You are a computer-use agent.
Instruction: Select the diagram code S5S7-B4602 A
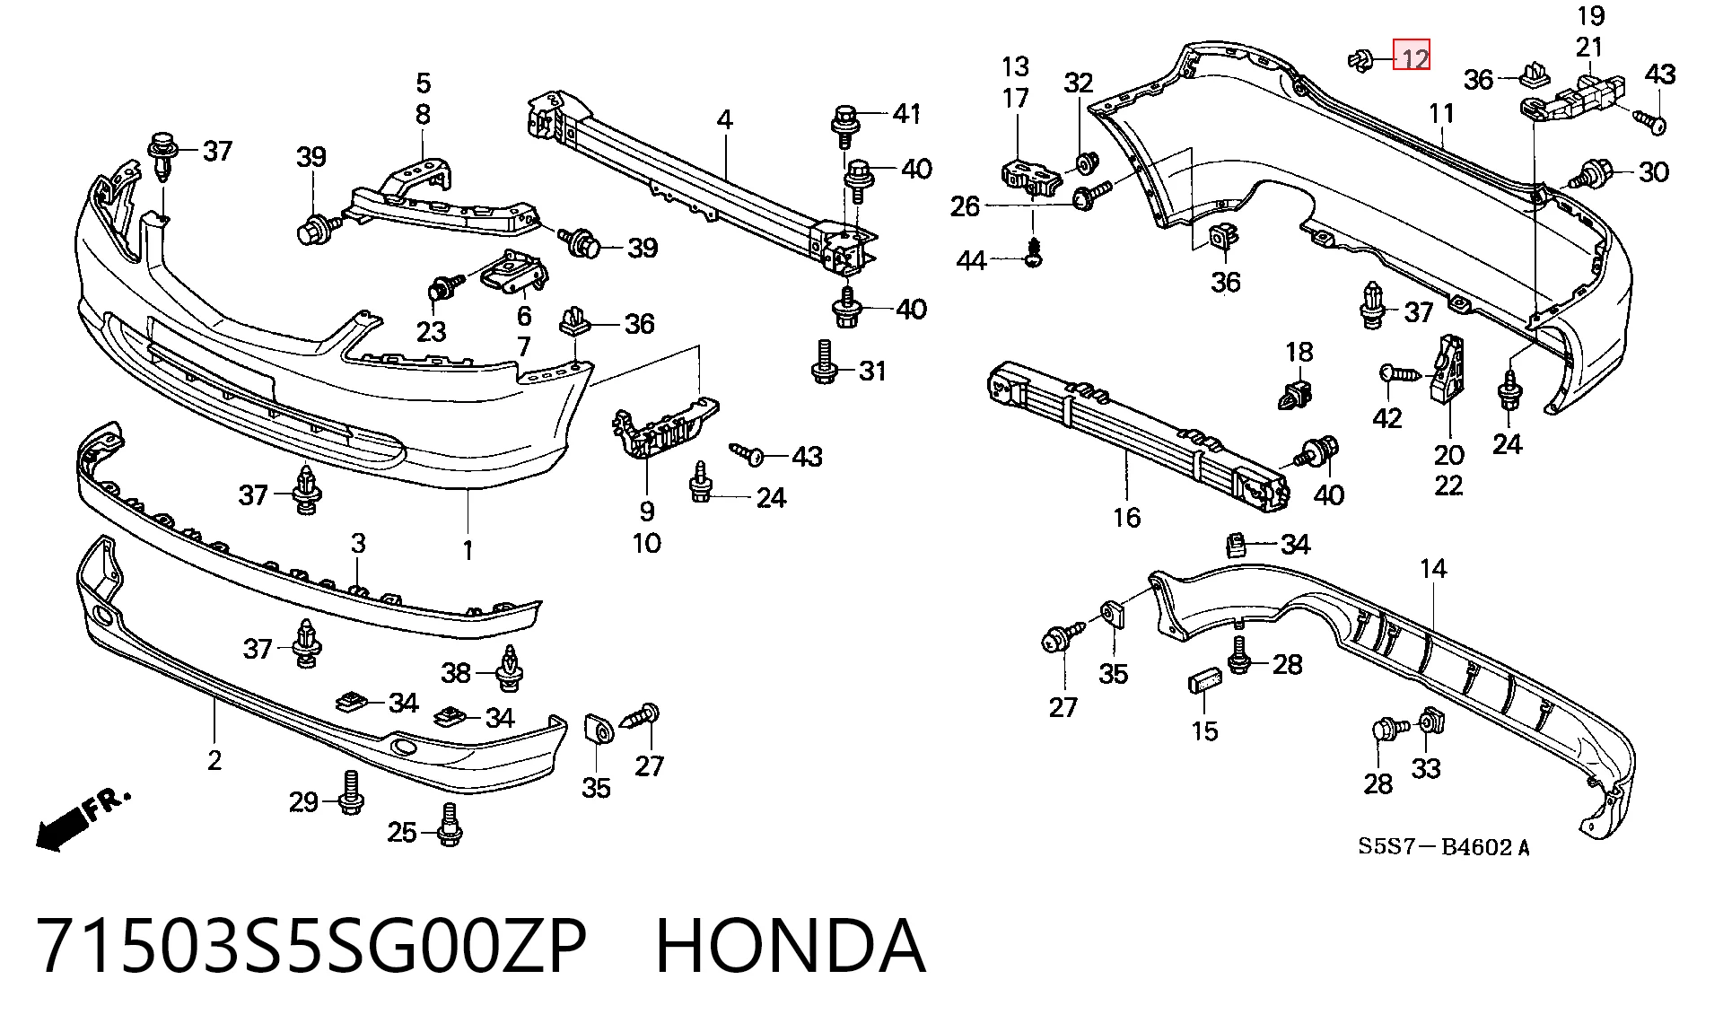click(1444, 846)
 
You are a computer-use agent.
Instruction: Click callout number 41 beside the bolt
click(906, 113)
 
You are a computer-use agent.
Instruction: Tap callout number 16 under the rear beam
click(1127, 517)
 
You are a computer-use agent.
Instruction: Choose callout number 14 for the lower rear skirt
click(1433, 568)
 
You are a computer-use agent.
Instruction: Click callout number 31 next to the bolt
click(872, 370)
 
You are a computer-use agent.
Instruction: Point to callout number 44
click(972, 260)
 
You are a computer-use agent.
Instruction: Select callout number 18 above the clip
click(1299, 352)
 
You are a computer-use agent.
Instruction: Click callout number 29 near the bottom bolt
click(303, 800)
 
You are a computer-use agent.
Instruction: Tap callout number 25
click(402, 833)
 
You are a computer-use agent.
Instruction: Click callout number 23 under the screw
click(431, 331)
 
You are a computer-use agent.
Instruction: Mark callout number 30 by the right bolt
click(1653, 171)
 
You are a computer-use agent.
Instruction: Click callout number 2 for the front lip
click(214, 760)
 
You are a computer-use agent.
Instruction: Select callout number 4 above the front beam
click(724, 119)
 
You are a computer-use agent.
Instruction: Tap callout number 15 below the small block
click(1205, 730)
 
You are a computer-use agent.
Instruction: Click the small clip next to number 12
click(1360, 60)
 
